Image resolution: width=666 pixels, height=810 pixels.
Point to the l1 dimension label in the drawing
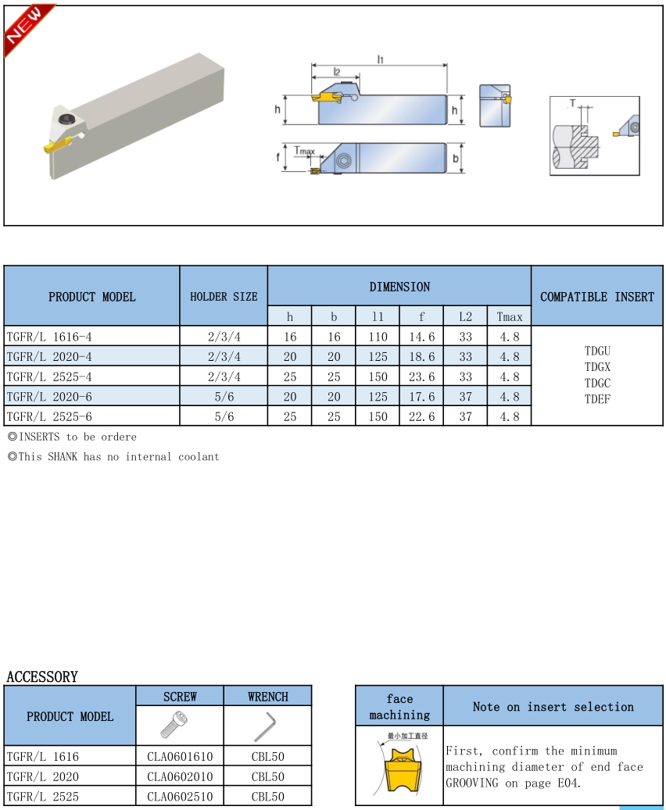click(381, 60)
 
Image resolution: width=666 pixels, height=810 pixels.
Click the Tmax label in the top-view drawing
click(304, 150)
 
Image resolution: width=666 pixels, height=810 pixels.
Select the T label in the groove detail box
click(572, 103)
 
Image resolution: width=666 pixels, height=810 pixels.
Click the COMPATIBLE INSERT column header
click(597, 297)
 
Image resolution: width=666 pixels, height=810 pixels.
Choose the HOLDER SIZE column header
click(224, 297)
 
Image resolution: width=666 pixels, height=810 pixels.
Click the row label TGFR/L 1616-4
click(49, 337)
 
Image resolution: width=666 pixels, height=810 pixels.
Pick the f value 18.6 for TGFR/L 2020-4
click(421, 357)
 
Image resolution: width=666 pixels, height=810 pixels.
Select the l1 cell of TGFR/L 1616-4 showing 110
click(378, 337)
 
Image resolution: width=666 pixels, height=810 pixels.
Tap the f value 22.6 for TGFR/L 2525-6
click(421, 417)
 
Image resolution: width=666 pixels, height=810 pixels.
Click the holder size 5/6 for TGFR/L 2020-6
click(224, 397)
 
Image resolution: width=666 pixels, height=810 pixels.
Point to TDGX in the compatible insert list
click(597, 367)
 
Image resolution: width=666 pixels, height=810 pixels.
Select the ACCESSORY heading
click(42, 676)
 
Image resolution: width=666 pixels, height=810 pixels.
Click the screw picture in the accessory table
click(174, 724)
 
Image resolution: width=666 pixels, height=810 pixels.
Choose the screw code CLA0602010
click(180, 776)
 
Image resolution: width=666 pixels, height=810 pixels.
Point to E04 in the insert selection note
click(569, 783)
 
